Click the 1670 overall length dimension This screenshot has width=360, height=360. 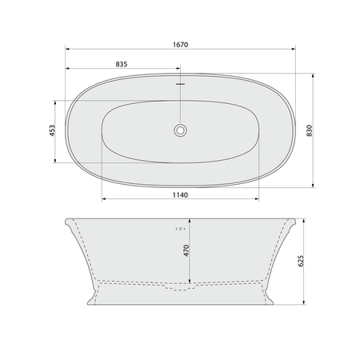[181, 45]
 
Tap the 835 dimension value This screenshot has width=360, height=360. [122, 64]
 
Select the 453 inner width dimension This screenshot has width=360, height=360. [52, 130]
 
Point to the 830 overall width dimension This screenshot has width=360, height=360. [310, 130]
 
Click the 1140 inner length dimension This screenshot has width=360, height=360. [180, 195]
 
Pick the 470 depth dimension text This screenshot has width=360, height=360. [186, 250]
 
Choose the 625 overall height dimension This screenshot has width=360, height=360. [301, 261]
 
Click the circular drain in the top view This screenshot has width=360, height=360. [180, 130]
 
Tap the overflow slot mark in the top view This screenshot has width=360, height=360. [180, 84]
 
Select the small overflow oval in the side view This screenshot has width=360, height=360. [180, 229]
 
